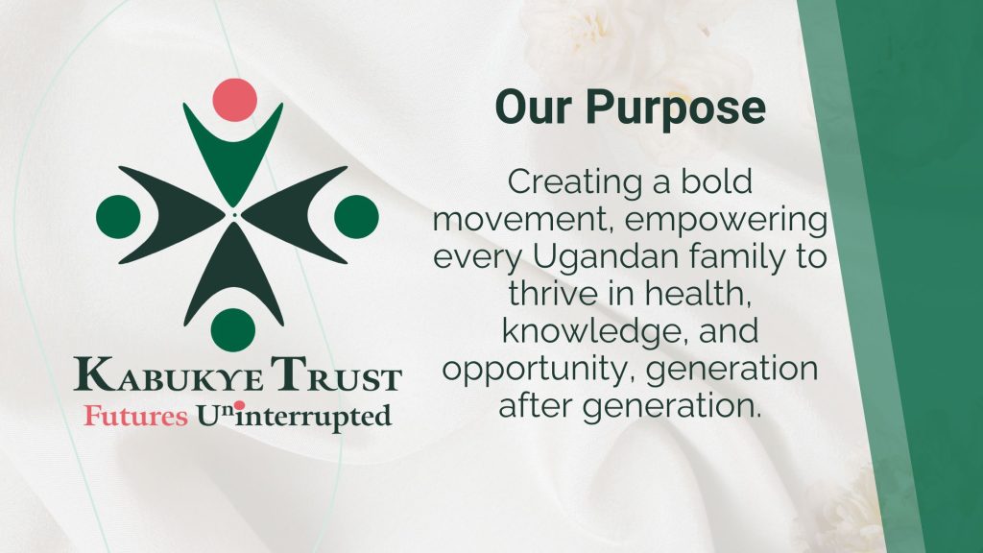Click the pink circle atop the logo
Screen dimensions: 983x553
pos(234,100)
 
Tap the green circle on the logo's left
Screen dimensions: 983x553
pos(118,217)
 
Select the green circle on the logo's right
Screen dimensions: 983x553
pos(356,217)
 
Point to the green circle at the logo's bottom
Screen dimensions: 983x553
pos(233,330)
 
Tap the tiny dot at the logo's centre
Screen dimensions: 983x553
pos(234,215)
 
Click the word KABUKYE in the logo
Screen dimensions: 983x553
pos(169,374)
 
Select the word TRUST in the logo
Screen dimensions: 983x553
pos(336,374)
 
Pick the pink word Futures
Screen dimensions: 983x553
pos(136,416)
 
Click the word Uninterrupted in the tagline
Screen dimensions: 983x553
pos(294,417)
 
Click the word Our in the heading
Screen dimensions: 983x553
pos(533,108)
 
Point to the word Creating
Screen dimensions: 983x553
pos(575,183)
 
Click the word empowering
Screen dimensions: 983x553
pos(726,221)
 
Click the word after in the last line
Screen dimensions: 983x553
pos(535,405)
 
